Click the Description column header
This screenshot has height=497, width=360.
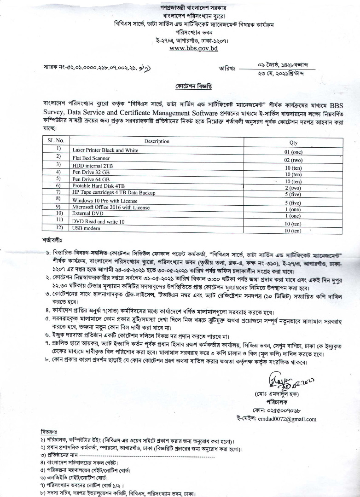[157, 141]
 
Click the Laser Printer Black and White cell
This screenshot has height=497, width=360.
[105, 150]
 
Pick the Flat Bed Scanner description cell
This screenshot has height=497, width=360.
[91, 158]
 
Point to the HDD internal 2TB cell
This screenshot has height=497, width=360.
[93, 165]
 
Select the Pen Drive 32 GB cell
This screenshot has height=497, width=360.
[91, 172]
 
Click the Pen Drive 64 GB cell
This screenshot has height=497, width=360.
[91, 179]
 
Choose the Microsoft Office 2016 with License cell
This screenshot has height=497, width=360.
[111, 208]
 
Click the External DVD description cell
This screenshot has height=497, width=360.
[87, 214]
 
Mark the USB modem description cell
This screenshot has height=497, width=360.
[86, 229]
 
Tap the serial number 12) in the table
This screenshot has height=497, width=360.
[58, 228]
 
